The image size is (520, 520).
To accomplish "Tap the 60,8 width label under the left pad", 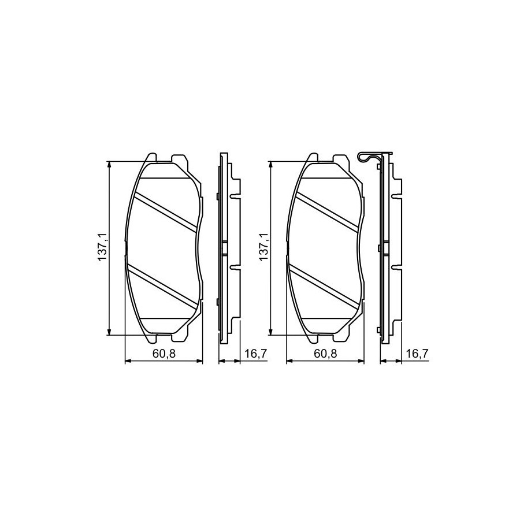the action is [x=164, y=354].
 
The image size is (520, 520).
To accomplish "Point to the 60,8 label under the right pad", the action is [x=326, y=354].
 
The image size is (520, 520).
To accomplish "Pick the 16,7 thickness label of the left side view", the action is [x=256, y=354].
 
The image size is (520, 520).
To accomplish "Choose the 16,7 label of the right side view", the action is [x=418, y=354].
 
